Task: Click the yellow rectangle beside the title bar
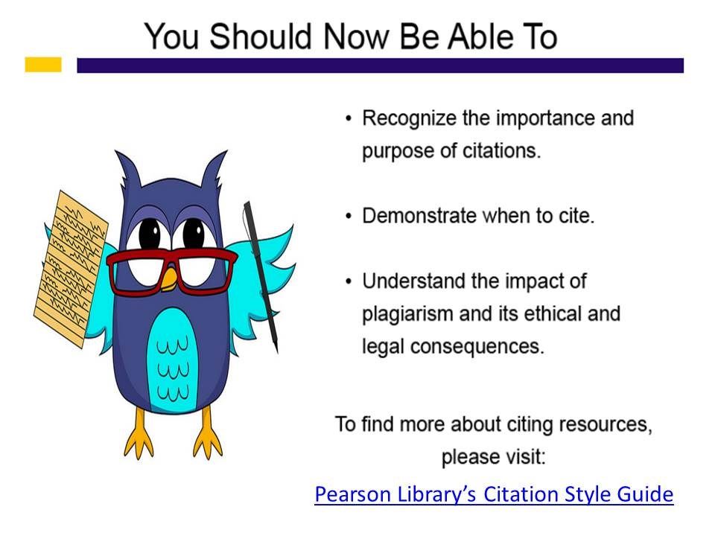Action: point(43,64)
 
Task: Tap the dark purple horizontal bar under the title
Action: point(381,66)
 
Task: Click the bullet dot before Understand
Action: point(349,281)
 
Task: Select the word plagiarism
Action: point(407,314)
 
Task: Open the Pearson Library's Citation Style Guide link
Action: point(494,494)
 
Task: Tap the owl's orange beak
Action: point(169,279)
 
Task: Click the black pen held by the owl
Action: point(261,275)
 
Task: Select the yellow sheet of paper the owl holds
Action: point(71,269)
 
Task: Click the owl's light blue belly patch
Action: point(172,361)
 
